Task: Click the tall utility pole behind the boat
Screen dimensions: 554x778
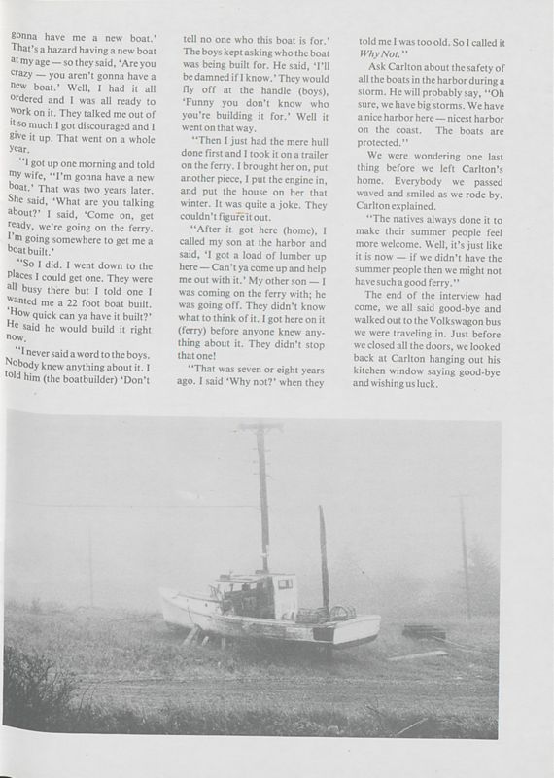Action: click(261, 506)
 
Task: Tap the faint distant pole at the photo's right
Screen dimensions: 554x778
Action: click(465, 545)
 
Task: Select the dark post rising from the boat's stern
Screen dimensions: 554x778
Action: click(323, 554)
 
